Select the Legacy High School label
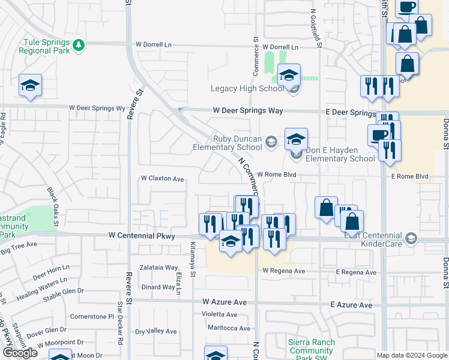[x=247, y=89]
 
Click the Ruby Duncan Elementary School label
[x=228, y=143]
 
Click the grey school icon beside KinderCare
[x=411, y=239]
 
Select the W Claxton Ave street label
[x=162, y=179]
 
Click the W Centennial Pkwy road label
[x=142, y=236]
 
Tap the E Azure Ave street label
[x=352, y=305]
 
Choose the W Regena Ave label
[x=284, y=271]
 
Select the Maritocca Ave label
[x=229, y=328]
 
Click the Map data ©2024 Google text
[x=411, y=355]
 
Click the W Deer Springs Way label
[x=247, y=111]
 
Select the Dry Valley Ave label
[x=155, y=331]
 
